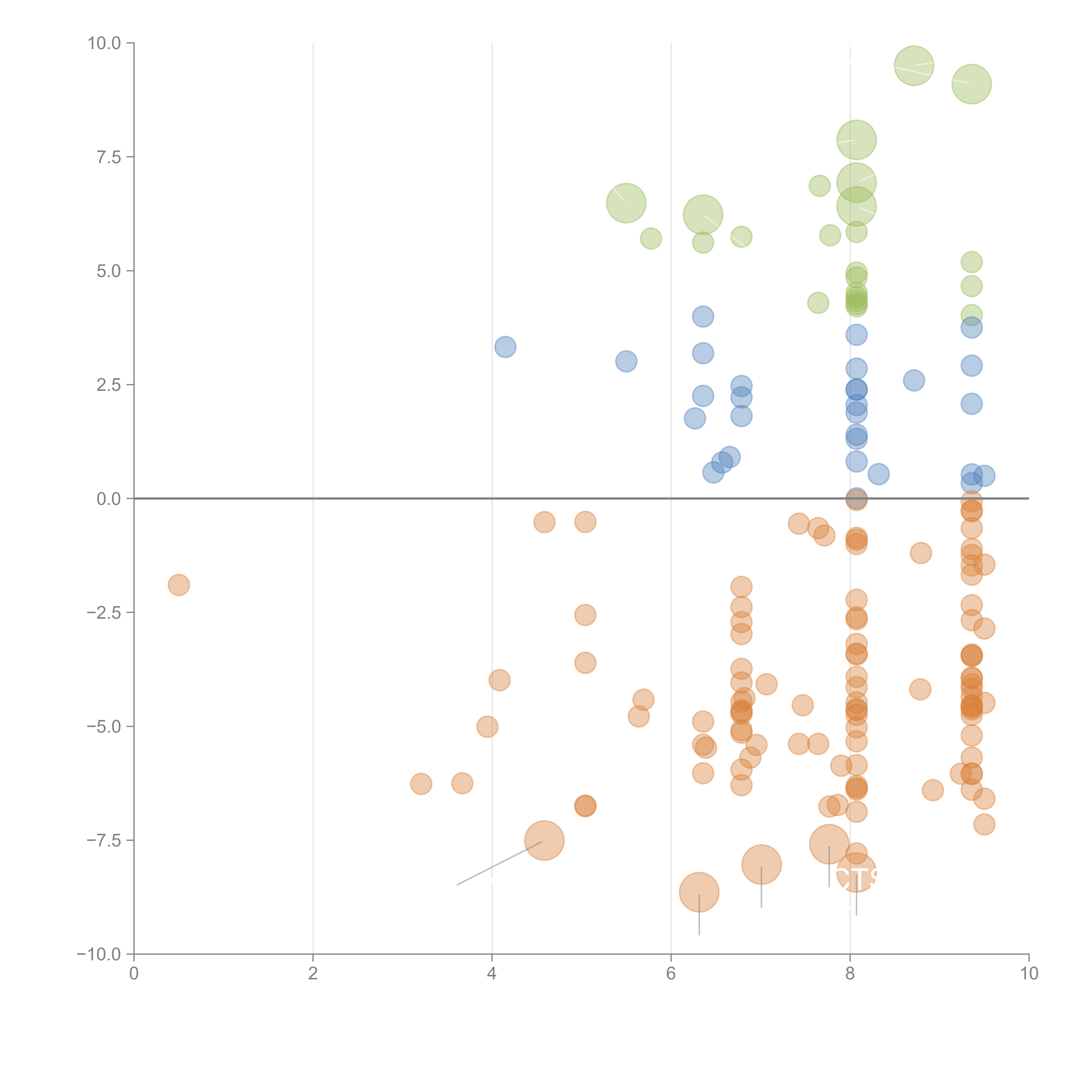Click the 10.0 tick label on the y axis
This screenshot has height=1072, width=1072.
tap(104, 43)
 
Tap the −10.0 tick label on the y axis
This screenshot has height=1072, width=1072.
tap(99, 954)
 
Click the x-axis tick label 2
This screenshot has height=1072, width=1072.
tap(313, 974)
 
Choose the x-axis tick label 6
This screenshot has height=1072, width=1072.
tap(671, 974)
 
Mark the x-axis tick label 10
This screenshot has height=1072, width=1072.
tap(1029, 974)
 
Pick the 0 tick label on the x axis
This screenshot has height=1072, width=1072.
tap(134, 974)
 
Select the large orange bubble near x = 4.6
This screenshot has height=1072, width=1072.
tap(544, 841)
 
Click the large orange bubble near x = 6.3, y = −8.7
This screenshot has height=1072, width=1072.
tap(699, 892)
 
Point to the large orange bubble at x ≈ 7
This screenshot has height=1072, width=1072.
tap(761, 864)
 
